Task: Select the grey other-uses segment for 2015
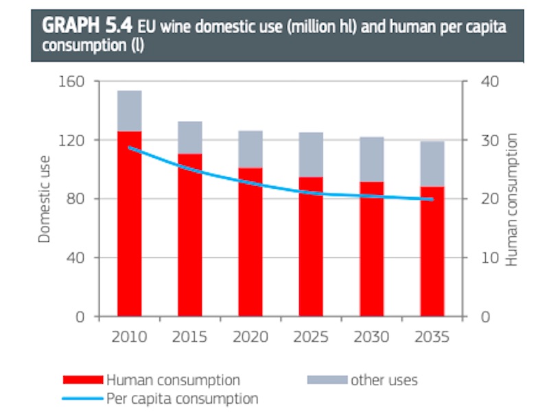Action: (x=190, y=137)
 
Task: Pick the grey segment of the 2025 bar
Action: (x=311, y=154)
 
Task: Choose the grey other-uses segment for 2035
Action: (x=432, y=163)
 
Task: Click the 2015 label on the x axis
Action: (x=190, y=337)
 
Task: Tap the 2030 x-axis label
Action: (x=371, y=337)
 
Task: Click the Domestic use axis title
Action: (x=44, y=199)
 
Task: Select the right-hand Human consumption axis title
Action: (x=511, y=199)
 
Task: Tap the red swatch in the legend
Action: (x=83, y=380)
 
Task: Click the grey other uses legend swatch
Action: (x=327, y=380)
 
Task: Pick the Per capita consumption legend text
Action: (x=182, y=398)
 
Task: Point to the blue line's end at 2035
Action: (x=432, y=199)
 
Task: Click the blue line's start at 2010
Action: (x=129, y=148)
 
